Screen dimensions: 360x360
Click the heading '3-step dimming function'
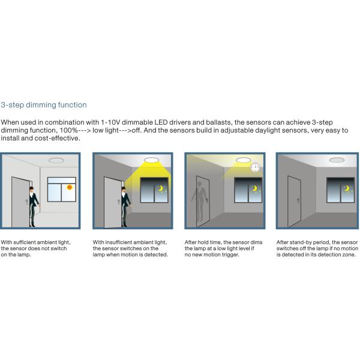[x=44, y=105]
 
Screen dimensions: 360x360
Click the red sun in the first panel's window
[x=70, y=187]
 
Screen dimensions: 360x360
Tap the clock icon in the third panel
[x=255, y=167]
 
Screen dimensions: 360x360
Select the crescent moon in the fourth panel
[x=346, y=188]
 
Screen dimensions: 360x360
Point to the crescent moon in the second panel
[x=160, y=188]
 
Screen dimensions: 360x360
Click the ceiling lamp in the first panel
[x=56, y=160]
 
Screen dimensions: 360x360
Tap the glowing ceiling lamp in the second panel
[x=151, y=160]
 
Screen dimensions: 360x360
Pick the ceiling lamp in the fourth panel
[x=337, y=160]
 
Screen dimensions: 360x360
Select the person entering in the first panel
[x=34, y=206]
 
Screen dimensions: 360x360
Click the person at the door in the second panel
[x=125, y=206]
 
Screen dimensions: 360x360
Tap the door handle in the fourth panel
[x=298, y=200]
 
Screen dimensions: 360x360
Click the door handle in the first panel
[x=26, y=202]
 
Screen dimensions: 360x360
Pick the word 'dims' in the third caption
[x=257, y=242]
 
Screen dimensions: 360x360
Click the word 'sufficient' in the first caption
[x=25, y=242]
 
